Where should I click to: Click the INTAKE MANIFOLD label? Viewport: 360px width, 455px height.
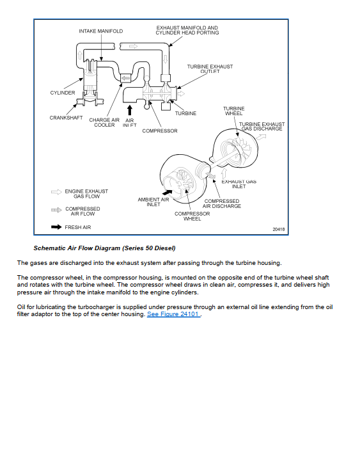(101, 31)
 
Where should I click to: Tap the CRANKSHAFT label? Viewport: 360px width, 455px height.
(66, 118)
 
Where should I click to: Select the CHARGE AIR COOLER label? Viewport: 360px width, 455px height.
(104, 122)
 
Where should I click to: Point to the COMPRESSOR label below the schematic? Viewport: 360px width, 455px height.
(160, 131)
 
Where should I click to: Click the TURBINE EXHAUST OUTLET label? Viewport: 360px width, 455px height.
(210, 69)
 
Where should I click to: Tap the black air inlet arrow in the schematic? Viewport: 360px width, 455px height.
(130, 110)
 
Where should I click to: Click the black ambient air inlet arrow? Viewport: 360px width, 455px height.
(167, 193)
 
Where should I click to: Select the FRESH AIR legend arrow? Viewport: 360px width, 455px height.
(56, 227)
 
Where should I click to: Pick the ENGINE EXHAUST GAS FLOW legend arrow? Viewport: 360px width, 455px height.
(56, 192)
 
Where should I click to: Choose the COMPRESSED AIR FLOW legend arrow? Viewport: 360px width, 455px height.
(56, 210)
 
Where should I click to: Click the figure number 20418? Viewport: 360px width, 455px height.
(279, 229)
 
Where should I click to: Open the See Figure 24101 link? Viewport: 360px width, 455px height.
(173, 314)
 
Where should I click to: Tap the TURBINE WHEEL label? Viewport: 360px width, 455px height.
(234, 111)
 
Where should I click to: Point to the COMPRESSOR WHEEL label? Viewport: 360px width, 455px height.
(192, 216)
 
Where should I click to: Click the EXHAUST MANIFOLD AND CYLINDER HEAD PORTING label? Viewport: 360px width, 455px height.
(187, 30)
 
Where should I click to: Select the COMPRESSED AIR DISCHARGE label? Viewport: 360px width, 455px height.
(222, 204)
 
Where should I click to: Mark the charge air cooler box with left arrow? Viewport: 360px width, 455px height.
(125, 78)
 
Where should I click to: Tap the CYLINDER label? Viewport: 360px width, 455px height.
(63, 93)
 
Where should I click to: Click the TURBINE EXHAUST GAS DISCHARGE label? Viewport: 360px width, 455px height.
(262, 127)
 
